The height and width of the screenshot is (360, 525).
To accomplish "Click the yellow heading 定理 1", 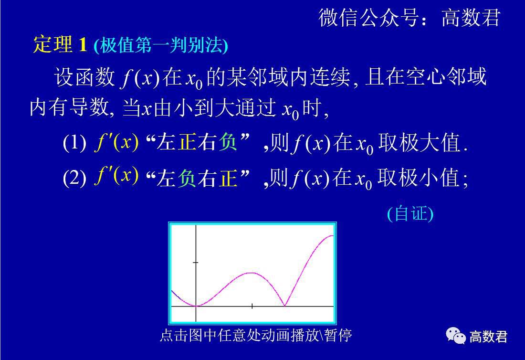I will coord(60,45).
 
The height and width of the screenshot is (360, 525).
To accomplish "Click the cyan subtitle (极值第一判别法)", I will coord(161,46).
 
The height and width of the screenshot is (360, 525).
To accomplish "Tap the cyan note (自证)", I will coord(410,214).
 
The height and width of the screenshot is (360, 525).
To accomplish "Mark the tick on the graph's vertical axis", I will coord(196,263).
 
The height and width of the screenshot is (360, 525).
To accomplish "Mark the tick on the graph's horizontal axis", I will coord(252,306).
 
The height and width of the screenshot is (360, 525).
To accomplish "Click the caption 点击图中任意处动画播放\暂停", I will coord(256,335).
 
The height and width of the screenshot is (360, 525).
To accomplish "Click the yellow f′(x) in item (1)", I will coord(116,143).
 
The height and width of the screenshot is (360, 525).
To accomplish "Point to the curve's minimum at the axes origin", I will coord(196,306).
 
